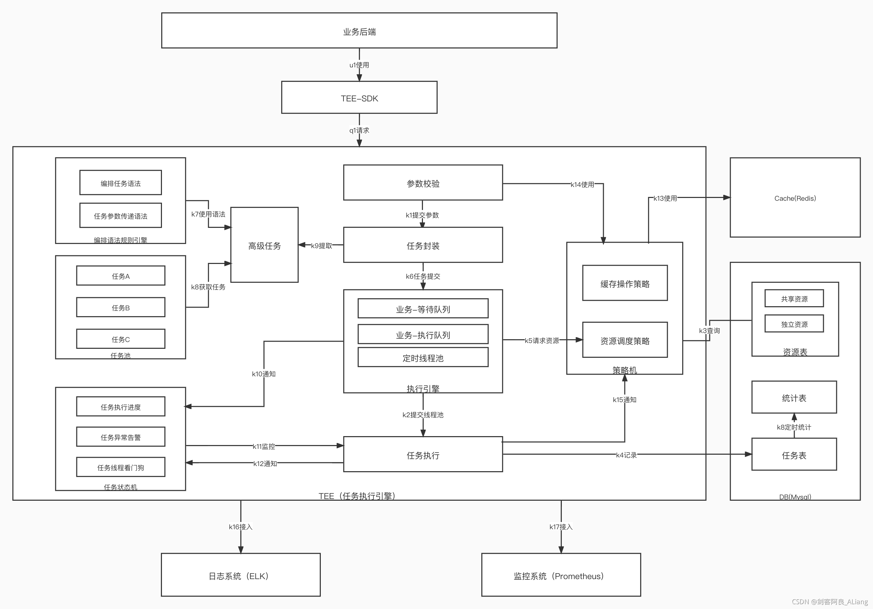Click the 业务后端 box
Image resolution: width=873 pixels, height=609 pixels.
tap(359, 30)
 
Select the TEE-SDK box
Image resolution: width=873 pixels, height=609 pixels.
tap(359, 97)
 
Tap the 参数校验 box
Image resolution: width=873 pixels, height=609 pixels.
tap(423, 182)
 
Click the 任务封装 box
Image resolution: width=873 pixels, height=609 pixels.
tap(423, 245)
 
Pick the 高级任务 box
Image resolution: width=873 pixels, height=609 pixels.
tap(264, 245)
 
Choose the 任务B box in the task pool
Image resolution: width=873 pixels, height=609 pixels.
tap(121, 307)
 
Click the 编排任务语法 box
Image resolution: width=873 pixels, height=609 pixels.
tap(121, 182)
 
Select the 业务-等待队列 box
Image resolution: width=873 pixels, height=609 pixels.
tap(423, 308)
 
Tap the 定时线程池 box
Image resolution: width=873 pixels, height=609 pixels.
tap(423, 357)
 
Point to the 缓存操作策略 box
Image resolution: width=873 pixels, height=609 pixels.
tap(625, 283)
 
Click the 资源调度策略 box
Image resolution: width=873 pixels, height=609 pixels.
tap(625, 340)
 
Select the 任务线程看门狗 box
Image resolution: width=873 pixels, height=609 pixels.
tap(121, 467)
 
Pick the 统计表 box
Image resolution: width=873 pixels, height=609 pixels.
tap(794, 397)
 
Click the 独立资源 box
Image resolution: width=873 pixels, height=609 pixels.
tap(794, 323)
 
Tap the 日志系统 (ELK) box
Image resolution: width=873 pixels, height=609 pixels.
tap(241, 575)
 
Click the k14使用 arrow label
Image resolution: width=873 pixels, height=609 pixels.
tap(582, 184)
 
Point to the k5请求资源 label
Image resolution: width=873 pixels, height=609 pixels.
tap(542, 341)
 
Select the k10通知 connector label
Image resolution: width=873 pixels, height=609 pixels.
tap(264, 374)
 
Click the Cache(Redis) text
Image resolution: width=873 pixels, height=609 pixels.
tap(795, 198)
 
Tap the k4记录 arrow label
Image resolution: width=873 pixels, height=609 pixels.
tap(626, 455)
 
